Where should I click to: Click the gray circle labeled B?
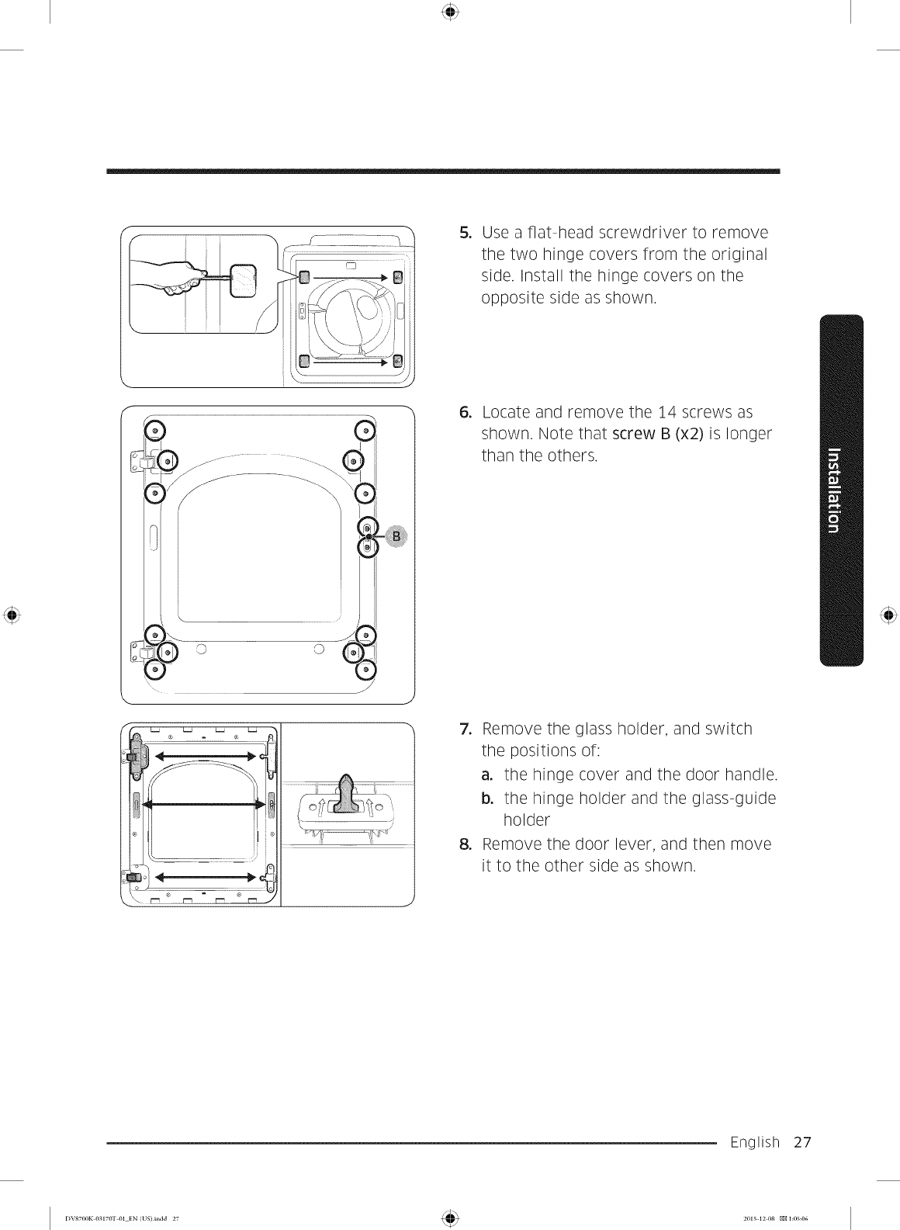(396, 536)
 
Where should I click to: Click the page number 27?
(802, 1142)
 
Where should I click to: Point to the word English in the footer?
(754, 1142)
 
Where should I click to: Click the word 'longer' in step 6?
(746, 434)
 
